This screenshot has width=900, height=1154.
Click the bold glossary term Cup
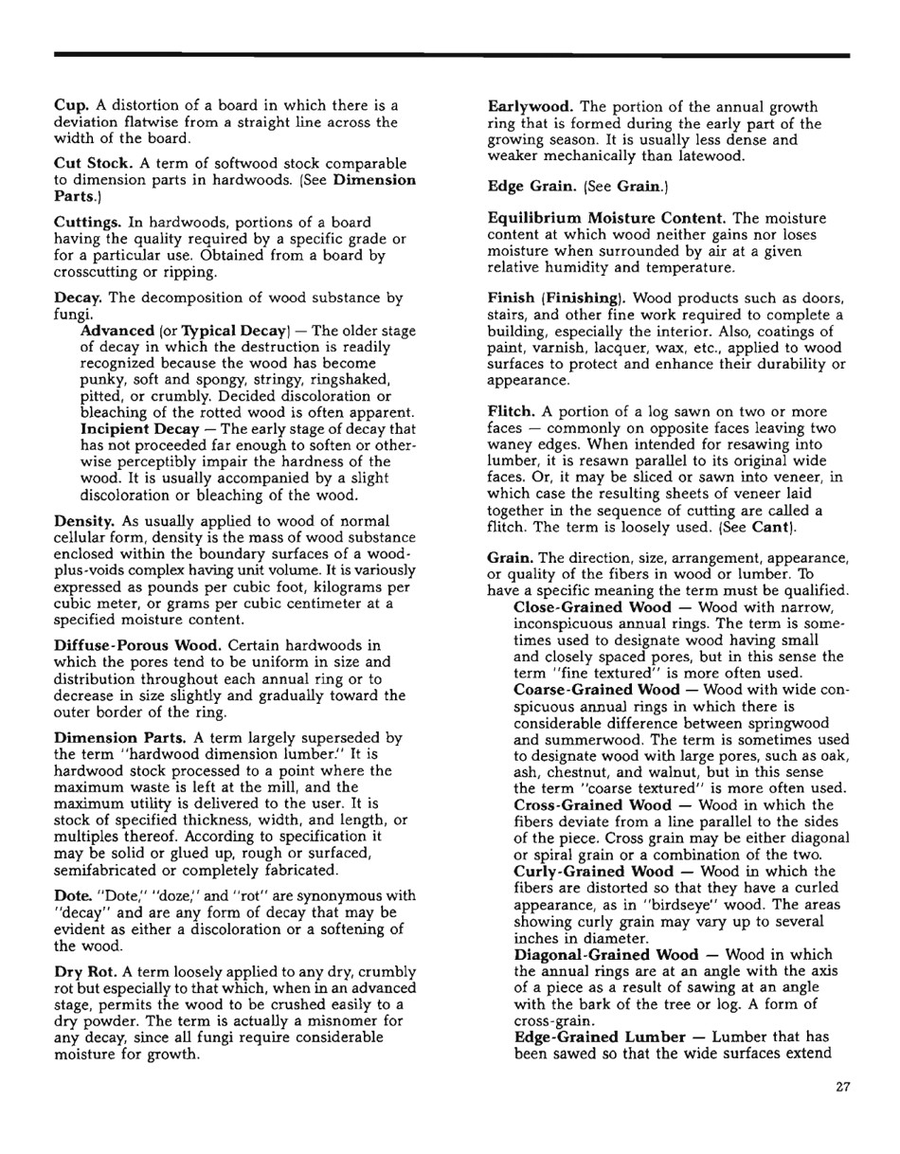click(x=70, y=105)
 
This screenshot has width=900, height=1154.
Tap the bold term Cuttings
click(x=89, y=221)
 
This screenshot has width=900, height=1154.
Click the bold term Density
click(x=83, y=521)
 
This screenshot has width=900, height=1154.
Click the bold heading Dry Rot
click(x=84, y=973)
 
